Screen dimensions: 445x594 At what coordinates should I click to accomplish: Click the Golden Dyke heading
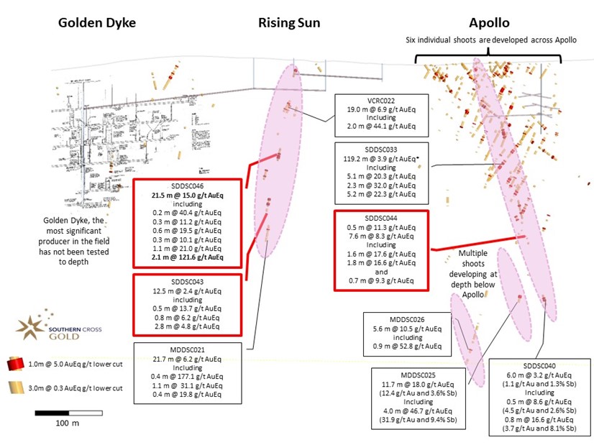(96, 22)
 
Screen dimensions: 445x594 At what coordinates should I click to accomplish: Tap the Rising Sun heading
(289, 22)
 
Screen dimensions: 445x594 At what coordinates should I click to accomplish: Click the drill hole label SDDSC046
(187, 185)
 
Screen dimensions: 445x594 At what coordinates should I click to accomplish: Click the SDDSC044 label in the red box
(381, 217)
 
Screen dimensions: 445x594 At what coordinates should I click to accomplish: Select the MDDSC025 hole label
(417, 375)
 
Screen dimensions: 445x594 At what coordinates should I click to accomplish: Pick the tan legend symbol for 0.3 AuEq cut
(17, 387)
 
